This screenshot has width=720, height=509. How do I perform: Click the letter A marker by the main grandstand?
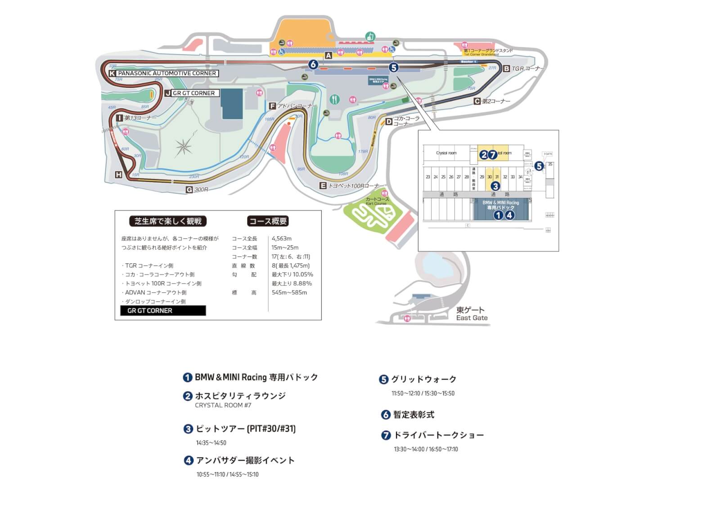point(328,55)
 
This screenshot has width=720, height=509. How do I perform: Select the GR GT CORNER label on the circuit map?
point(193,93)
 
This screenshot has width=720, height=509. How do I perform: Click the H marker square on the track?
point(118,175)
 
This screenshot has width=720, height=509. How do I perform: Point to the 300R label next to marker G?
point(201,190)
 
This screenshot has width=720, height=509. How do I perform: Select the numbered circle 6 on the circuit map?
point(313,64)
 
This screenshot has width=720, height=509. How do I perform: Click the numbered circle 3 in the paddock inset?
point(495,185)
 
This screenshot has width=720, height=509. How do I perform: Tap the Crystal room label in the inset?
point(446,153)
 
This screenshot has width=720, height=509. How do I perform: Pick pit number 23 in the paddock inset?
point(428,177)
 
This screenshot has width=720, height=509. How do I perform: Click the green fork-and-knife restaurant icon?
point(334,99)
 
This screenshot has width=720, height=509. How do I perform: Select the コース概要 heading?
point(268,221)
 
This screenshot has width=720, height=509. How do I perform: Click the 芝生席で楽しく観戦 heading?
point(168,221)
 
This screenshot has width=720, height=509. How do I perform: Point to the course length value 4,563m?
point(282,239)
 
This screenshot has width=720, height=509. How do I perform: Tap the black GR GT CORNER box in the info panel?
point(163,311)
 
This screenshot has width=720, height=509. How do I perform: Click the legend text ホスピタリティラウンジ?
point(240,396)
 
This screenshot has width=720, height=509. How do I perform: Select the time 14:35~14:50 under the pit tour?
point(211,443)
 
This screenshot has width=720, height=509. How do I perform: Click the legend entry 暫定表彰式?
point(414,414)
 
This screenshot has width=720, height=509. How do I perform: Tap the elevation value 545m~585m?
point(289,293)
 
